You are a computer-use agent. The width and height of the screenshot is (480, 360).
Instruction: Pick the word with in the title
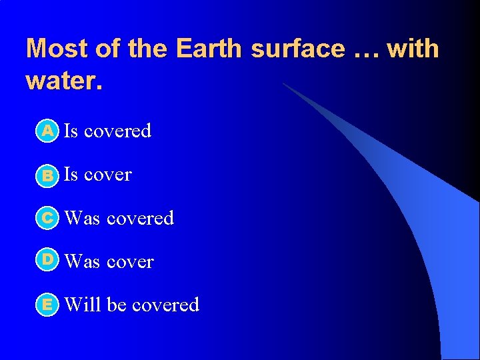click(415, 49)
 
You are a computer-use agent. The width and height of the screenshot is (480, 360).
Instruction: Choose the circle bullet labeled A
click(49, 131)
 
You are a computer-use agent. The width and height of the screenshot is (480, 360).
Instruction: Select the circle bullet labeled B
click(49, 175)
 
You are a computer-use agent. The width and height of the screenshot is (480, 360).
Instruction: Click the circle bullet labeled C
click(49, 218)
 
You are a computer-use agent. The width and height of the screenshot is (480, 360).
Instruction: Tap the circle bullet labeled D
click(49, 261)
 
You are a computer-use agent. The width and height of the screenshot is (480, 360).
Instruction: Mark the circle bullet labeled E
click(49, 305)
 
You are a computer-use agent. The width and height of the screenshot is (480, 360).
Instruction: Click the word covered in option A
click(118, 131)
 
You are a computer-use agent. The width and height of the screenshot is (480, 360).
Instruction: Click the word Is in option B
click(71, 175)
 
